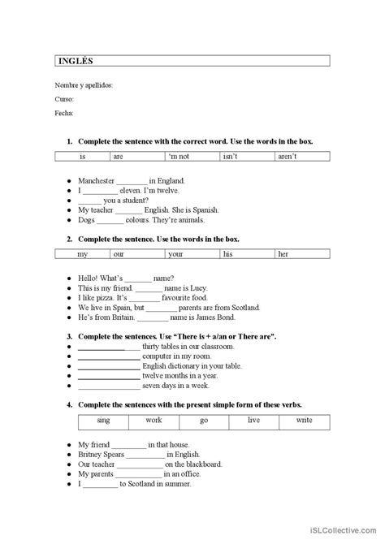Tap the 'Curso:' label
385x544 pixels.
pos(64,99)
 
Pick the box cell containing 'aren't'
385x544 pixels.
pos(288,156)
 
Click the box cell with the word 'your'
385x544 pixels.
pos(175,254)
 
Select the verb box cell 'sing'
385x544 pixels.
pos(103,421)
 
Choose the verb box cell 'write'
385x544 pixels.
pos(304,421)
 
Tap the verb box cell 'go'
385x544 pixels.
pos(204,421)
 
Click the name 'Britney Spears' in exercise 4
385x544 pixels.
pos(102,454)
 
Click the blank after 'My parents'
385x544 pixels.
pos(140,473)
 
